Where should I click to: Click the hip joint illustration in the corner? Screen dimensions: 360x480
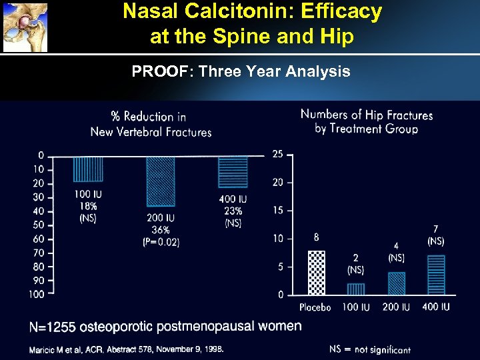(25, 27)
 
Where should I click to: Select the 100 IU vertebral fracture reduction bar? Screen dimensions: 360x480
(88, 169)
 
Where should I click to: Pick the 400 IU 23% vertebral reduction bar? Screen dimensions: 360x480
(233, 172)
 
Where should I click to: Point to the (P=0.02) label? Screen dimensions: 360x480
(160, 242)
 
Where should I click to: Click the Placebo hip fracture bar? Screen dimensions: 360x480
(317, 273)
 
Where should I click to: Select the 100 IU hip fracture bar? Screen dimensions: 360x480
(356, 289)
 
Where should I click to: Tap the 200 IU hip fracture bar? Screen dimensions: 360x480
(396, 283)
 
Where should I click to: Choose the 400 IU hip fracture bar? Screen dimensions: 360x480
(435, 275)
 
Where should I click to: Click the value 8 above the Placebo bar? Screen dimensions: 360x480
(316, 237)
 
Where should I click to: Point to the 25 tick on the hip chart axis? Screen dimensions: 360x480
(277, 154)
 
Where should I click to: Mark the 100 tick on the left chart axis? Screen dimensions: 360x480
(37, 294)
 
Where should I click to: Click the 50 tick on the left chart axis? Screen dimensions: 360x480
(39, 225)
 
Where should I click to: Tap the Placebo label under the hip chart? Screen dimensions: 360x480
(315, 307)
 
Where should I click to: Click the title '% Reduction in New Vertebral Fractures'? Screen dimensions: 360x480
(151, 124)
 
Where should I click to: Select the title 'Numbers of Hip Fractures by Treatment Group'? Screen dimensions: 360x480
(366, 121)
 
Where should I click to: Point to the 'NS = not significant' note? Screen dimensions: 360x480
(369, 349)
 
